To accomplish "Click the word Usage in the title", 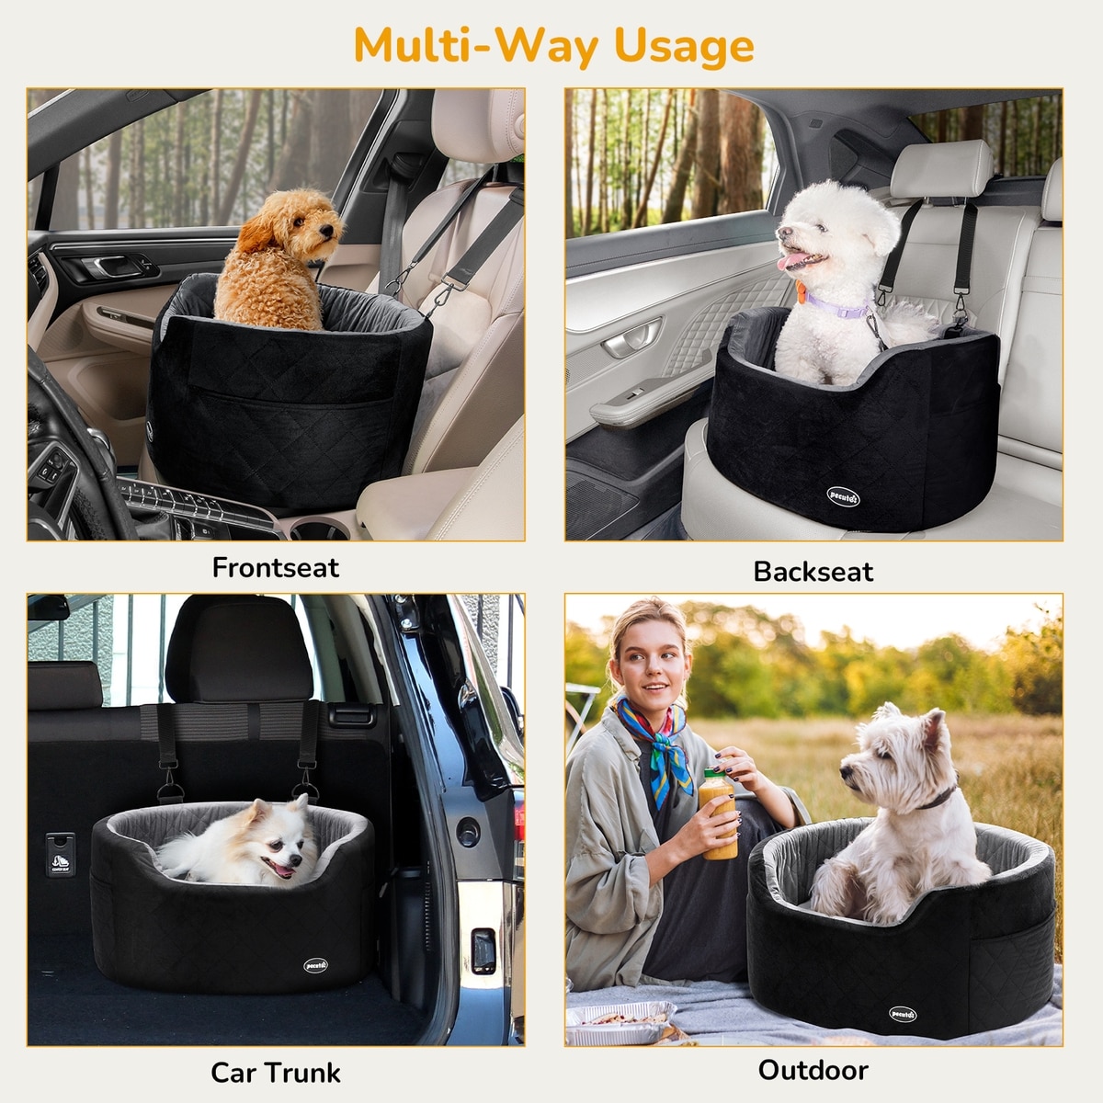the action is [684, 47].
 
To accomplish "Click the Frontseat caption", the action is [276, 568].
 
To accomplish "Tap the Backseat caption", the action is [813, 571].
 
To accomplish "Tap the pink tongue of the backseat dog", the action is [791, 262].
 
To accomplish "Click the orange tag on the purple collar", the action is [801, 292].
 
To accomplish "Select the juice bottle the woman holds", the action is [718, 813].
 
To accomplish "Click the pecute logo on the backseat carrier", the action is [843, 496].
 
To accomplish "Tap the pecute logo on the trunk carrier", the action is [315, 965].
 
